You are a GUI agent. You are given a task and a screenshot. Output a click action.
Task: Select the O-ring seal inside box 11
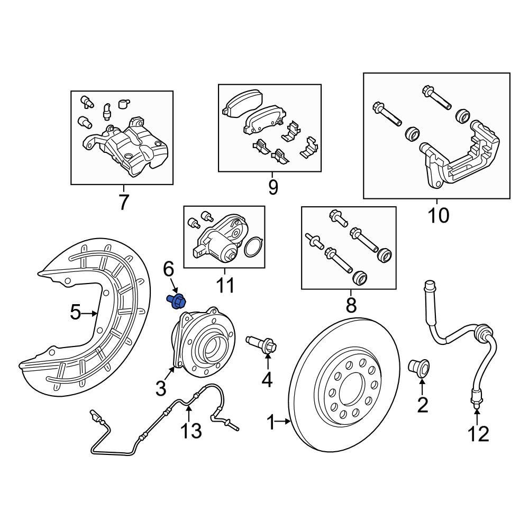[x=254, y=247]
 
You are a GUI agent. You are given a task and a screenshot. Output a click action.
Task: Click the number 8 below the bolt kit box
[x=351, y=305]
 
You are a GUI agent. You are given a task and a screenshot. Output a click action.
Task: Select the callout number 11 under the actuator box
[x=224, y=285]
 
